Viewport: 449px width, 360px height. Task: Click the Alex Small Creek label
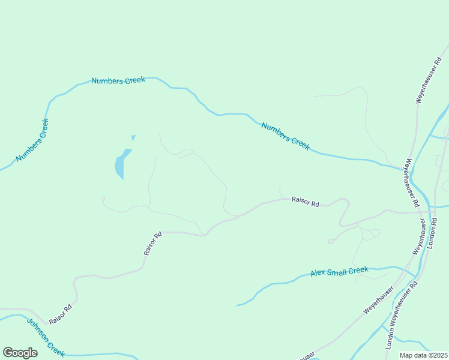(339, 272)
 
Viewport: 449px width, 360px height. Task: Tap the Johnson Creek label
(45, 337)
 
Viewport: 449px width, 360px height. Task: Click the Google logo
(20, 353)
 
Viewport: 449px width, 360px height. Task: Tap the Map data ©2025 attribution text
(423, 355)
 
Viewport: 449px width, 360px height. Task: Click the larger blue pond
(121, 164)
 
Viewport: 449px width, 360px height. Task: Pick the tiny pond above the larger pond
(133, 137)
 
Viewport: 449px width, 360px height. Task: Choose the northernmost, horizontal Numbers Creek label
(118, 80)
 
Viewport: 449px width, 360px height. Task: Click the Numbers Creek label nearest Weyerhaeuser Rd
(285, 136)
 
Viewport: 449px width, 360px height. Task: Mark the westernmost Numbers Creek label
(32, 140)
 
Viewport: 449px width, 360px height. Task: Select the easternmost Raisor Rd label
(306, 202)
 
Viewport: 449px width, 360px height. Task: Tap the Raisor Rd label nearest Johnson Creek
(61, 314)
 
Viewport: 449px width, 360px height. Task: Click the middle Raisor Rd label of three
(153, 244)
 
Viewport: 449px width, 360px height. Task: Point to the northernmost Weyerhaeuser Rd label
(427, 81)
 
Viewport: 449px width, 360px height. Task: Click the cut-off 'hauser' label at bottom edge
(306, 356)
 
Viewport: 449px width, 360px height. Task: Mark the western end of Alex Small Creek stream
(238, 305)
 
